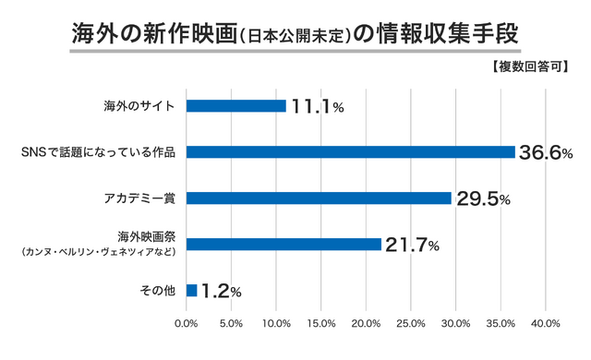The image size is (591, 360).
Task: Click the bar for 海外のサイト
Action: (236, 106)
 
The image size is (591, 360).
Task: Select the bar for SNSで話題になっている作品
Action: (350, 152)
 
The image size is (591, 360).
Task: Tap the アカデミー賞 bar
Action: (319, 198)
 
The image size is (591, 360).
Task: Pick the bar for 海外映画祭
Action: (283, 245)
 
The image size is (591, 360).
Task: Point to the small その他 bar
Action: (191, 291)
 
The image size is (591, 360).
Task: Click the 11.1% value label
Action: (318, 107)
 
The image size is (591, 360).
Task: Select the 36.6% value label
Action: (547, 153)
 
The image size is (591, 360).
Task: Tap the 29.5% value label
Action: (483, 199)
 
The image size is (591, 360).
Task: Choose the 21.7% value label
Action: (413, 246)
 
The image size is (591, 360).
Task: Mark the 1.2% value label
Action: (222, 292)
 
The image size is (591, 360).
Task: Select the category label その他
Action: (157, 291)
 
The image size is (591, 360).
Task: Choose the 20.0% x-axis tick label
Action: (366, 324)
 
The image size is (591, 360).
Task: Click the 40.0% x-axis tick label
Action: (545, 324)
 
